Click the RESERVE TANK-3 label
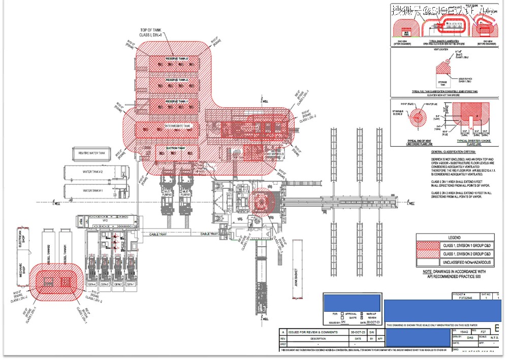point(177,59)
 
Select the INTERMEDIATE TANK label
point(177,125)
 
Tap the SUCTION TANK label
point(175,148)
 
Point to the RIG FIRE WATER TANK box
point(92,153)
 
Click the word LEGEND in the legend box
point(454,238)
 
